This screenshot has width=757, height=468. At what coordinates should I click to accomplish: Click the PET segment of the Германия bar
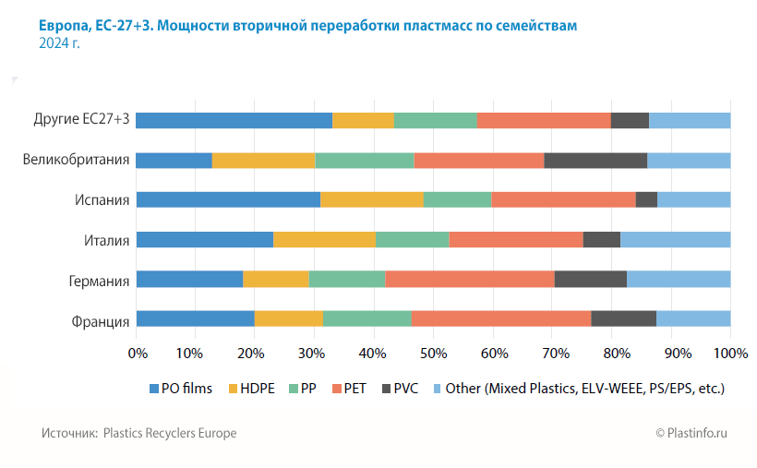tap(470, 280)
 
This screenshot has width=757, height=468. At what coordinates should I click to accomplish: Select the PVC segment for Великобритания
tap(595, 160)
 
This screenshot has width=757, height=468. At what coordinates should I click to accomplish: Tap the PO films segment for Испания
tap(228, 199)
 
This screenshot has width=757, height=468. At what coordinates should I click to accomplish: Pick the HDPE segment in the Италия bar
tap(325, 240)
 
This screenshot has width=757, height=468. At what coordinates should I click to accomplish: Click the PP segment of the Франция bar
tap(367, 319)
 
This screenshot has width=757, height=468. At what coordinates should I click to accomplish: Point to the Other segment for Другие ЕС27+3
tap(690, 120)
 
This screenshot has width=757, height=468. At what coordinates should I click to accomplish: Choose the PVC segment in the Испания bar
tap(646, 199)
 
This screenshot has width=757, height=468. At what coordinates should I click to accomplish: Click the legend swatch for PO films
tap(154, 389)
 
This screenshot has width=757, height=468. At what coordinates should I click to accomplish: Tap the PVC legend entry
tap(399, 389)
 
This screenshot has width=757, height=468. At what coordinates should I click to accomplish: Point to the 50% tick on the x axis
tap(434, 354)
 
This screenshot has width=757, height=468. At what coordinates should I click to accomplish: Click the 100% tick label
tap(730, 354)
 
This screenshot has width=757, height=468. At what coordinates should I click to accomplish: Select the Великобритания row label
tap(76, 160)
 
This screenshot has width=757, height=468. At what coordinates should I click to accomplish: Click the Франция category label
tap(100, 320)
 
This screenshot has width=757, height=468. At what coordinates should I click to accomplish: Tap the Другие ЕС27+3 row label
tap(81, 120)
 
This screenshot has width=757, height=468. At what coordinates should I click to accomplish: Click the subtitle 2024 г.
tap(59, 43)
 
